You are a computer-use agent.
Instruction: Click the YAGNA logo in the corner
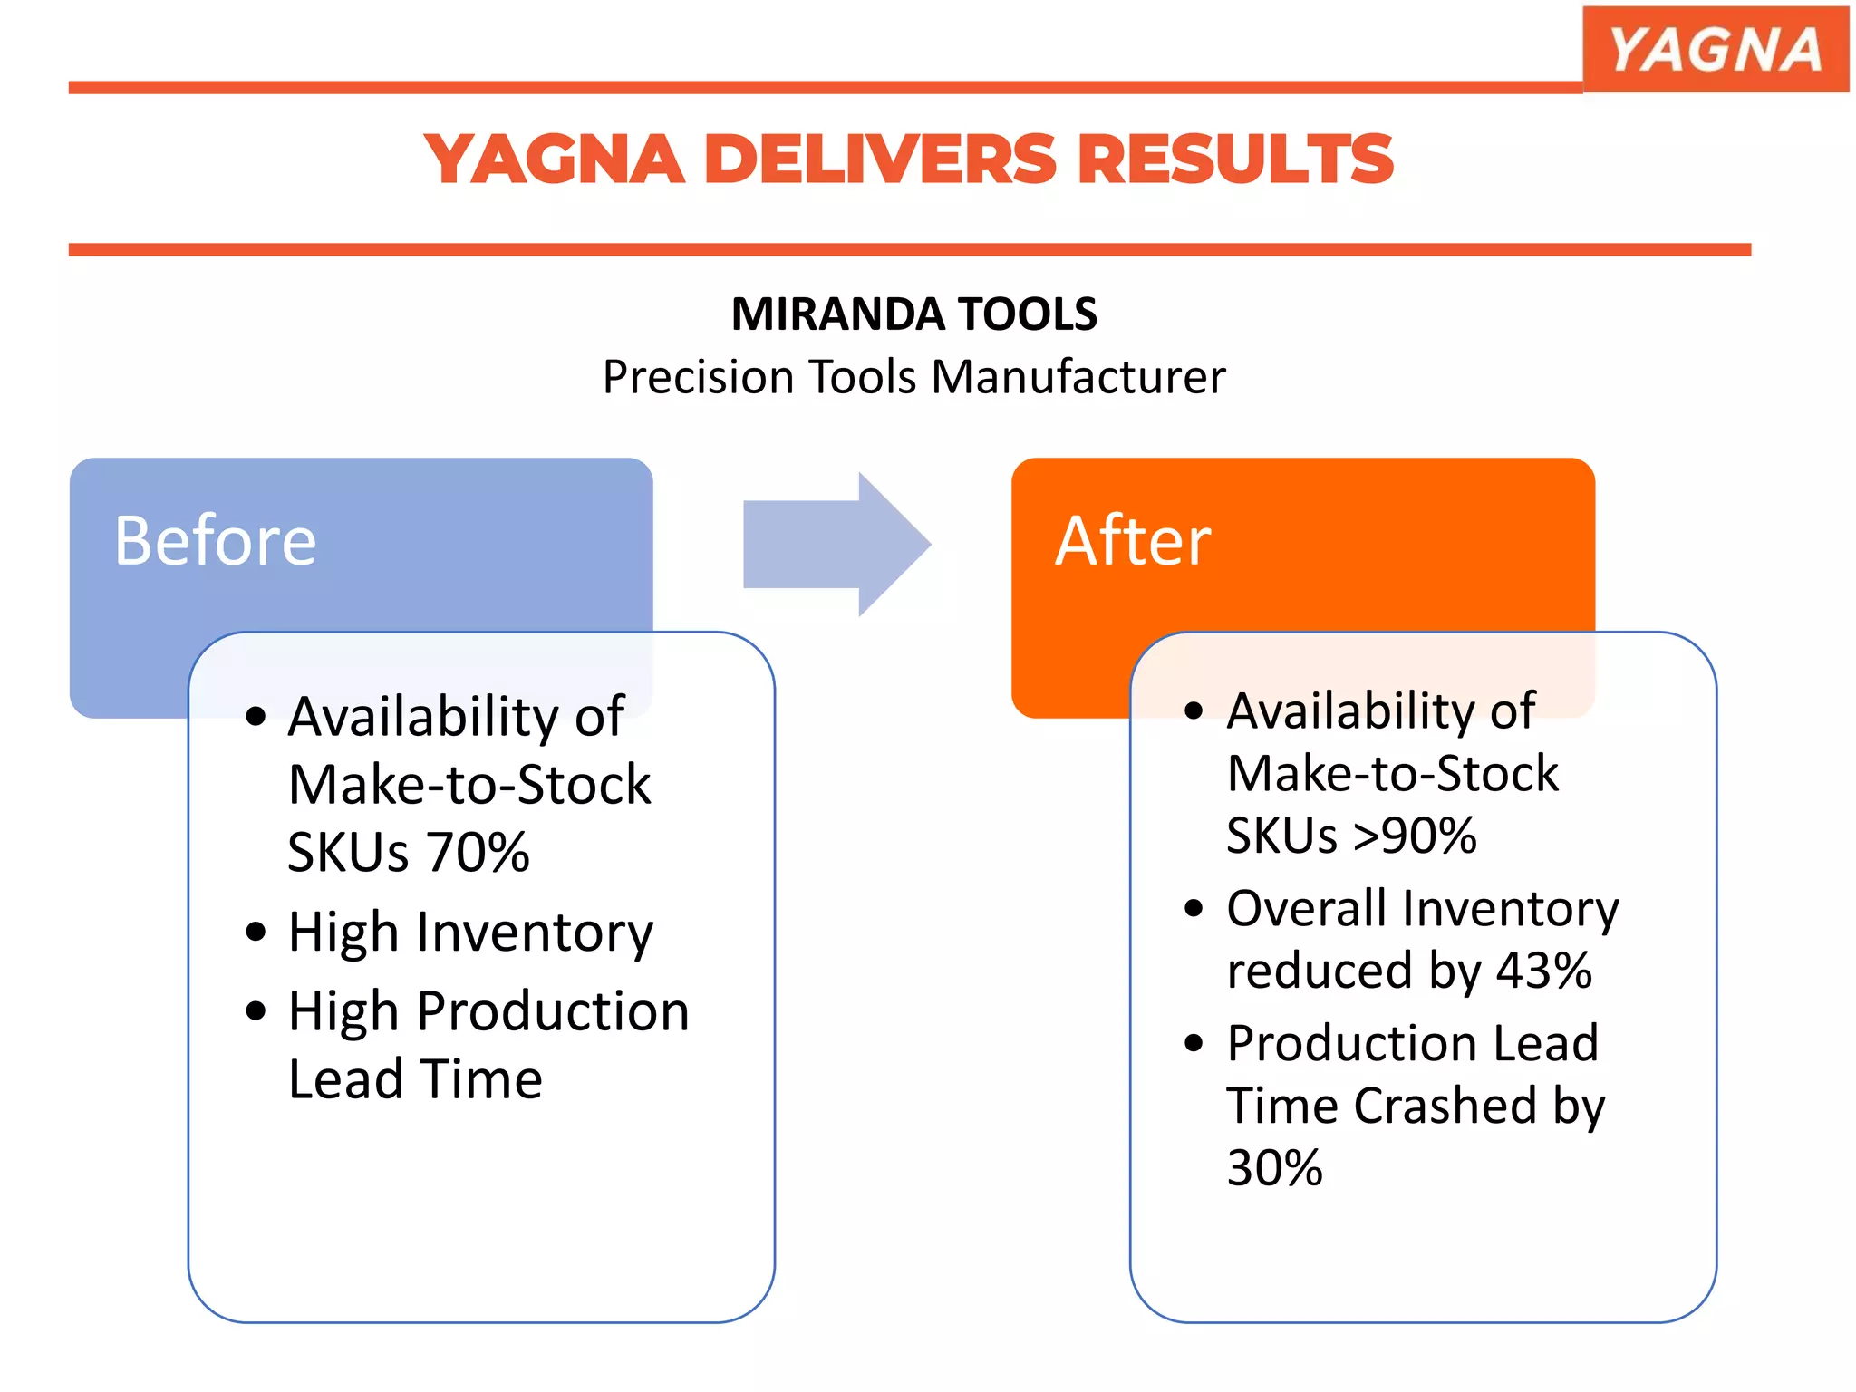(x=1715, y=49)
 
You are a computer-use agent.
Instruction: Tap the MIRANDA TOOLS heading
(x=913, y=314)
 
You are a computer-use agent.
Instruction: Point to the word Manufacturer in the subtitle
(x=1078, y=377)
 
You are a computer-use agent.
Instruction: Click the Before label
(x=216, y=541)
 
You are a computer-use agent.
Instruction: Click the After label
(x=1133, y=541)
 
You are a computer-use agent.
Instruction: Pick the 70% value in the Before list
(x=478, y=852)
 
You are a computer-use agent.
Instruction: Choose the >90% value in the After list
(x=1415, y=836)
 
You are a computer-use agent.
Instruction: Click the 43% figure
(x=1543, y=971)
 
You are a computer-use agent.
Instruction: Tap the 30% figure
(x=1274, y=1168)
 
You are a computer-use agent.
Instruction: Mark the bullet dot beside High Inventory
(x=256, y=932)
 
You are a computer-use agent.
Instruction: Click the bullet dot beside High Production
(x=256, y=1010)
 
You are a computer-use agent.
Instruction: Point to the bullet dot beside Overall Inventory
(x=1194, y=908)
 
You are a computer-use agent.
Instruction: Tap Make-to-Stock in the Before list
(x=469, y=785)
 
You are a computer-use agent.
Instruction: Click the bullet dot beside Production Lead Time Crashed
(x=1194, y=1043)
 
